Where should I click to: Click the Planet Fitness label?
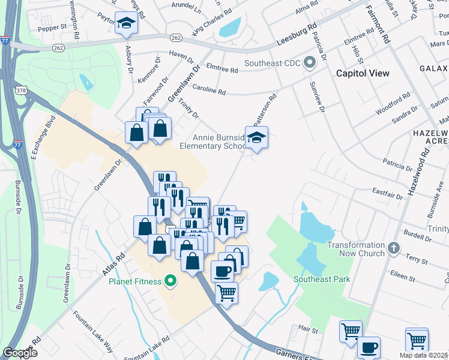[x=135, y=281]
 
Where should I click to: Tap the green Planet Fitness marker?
[x=170, y=281]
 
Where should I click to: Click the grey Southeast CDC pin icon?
[x=310, y=62]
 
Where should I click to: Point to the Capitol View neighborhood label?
[x=363, y=73]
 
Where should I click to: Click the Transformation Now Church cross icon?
[x=394, y=248]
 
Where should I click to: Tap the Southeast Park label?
[x=322, y=279]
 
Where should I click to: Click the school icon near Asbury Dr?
[x=126, y=23]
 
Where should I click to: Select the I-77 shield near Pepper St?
[x=5, y=41]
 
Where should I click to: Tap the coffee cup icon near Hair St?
[x=368, y=346]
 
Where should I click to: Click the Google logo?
[x=20, y=352]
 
